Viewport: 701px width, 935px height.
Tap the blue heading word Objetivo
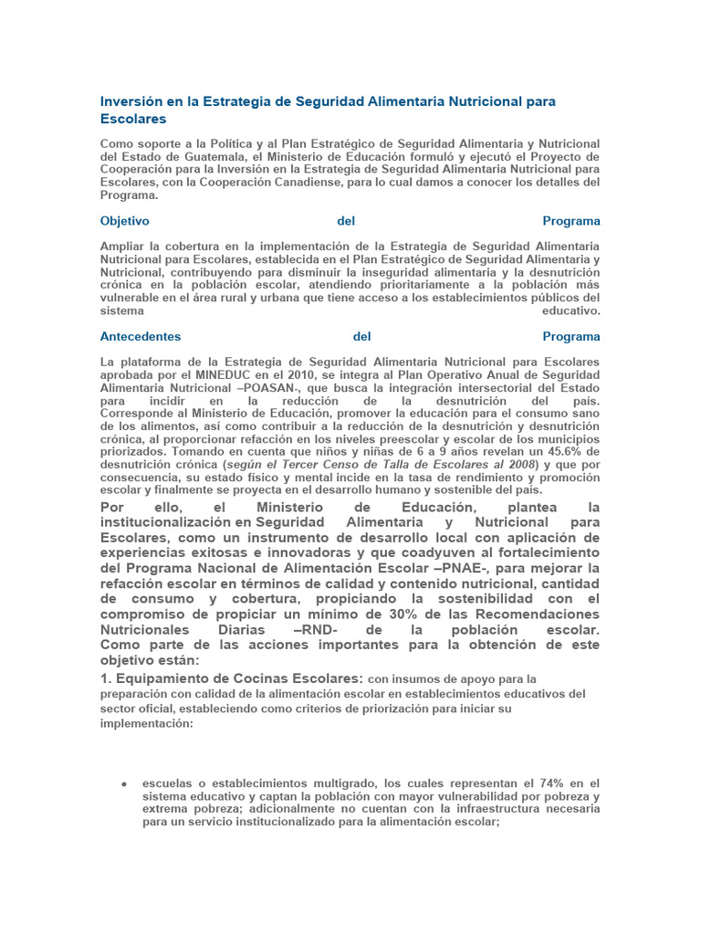click(125, 221)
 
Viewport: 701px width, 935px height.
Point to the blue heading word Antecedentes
click(141, 336)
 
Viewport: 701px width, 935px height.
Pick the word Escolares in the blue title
click(133, 119)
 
